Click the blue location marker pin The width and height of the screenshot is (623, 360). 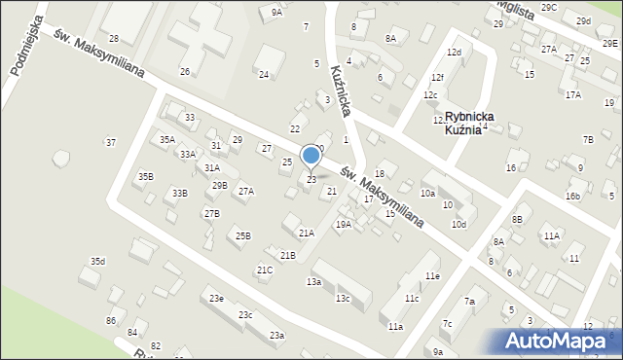(x=311, y=156)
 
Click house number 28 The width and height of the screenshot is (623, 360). (x=114, y=39)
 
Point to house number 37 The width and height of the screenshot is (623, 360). (x=111, y=143)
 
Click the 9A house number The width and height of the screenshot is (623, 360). (x=276, y=13)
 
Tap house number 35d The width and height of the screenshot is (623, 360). (x=97, y=262)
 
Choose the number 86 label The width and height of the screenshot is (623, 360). (x=112, y=321)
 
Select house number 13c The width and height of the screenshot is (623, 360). (x=343, y=298)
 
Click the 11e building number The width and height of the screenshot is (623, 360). (x=431, y=277)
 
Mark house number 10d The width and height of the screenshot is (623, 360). (x=458, y=226)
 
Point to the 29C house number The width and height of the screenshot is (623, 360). (x=549, y=8)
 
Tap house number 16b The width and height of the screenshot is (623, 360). (x=572, y=197)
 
